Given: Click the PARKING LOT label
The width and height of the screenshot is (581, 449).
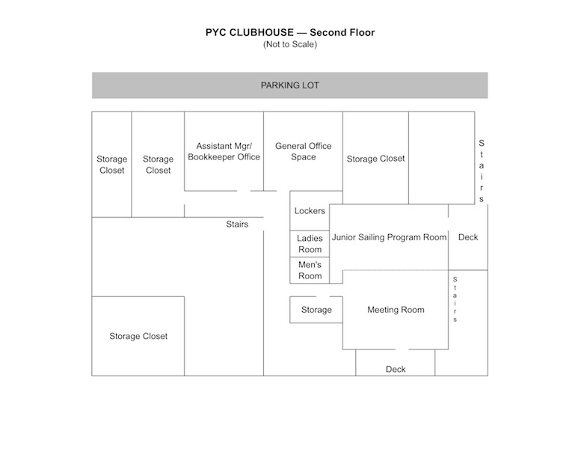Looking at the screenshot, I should point(289,85).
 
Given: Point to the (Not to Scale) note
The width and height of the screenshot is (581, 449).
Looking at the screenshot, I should point(289,45).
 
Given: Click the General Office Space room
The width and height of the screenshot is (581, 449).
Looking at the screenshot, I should point(303,151).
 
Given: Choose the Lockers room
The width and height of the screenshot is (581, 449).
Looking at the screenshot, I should point(310,211).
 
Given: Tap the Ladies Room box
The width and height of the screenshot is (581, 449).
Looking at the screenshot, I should point(310,244).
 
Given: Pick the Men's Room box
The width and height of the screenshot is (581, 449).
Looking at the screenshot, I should point(310,270).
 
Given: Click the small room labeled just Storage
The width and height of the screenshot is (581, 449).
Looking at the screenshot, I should point(316,310).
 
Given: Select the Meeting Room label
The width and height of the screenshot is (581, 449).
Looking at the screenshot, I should point(396,310).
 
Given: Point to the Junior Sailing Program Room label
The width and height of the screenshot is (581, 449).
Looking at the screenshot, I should point(389,237).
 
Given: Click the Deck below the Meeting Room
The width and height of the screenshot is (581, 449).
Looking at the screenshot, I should point(396,369).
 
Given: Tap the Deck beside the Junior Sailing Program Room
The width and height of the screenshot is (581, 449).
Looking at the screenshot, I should point(468,237).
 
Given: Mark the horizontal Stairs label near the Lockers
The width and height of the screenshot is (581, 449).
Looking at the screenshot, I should point(237,224).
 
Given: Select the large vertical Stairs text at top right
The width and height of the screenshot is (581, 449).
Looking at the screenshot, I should point(482,171).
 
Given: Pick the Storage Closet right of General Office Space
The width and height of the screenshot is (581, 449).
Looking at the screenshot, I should point(375,159).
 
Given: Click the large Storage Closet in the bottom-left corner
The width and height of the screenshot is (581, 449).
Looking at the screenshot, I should point(138,336).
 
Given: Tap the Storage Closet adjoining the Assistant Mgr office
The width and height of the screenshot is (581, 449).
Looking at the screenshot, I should point(158,165).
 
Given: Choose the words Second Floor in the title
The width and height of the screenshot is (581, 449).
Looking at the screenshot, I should point(343,33).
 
